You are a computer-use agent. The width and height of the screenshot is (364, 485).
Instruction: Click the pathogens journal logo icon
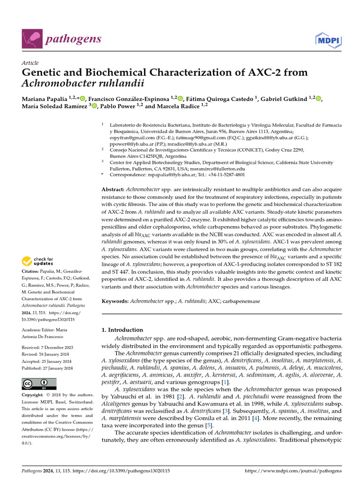pos(31,38)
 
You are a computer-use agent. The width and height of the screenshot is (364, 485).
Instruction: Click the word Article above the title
pos(30,63)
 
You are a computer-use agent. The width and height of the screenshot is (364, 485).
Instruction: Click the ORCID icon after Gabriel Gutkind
pos(318,98)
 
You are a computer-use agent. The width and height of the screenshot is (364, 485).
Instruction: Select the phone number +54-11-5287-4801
pos(228,175)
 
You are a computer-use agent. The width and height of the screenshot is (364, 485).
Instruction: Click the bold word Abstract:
pos(113,189)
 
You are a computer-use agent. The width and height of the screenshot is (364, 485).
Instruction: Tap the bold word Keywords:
pos(116,301)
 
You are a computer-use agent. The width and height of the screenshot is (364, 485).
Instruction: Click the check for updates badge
pos(37,260)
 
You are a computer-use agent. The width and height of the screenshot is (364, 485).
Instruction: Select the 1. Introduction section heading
pos(122,330)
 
